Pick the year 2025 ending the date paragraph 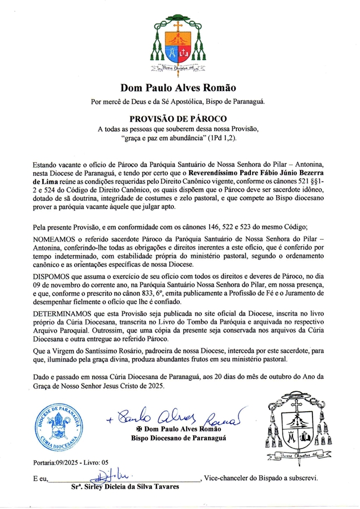click(152, 387)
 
